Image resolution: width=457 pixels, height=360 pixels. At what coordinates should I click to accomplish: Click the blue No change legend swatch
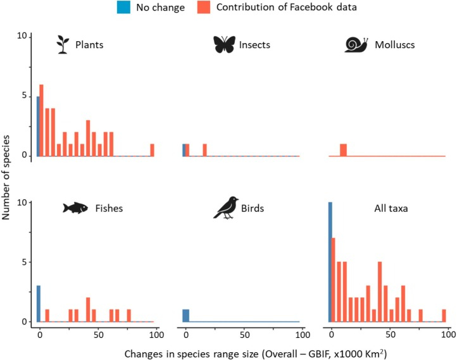(x=122, y=8)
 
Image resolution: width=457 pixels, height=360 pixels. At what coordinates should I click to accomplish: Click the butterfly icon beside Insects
(x=223, y=44)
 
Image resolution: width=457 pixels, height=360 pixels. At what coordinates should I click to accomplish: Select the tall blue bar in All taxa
(x=330, y=262)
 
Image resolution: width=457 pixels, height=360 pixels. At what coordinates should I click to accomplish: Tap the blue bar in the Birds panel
(x=185, y=315)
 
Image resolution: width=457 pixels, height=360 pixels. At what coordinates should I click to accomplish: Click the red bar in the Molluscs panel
(x=343, y=150)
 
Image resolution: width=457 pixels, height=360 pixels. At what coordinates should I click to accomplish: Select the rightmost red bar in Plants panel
(x=152, y=150)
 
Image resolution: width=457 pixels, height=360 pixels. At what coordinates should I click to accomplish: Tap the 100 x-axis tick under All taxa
(x=448, y=333)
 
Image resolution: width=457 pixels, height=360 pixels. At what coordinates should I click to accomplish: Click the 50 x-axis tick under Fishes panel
(x=98, y=333)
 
